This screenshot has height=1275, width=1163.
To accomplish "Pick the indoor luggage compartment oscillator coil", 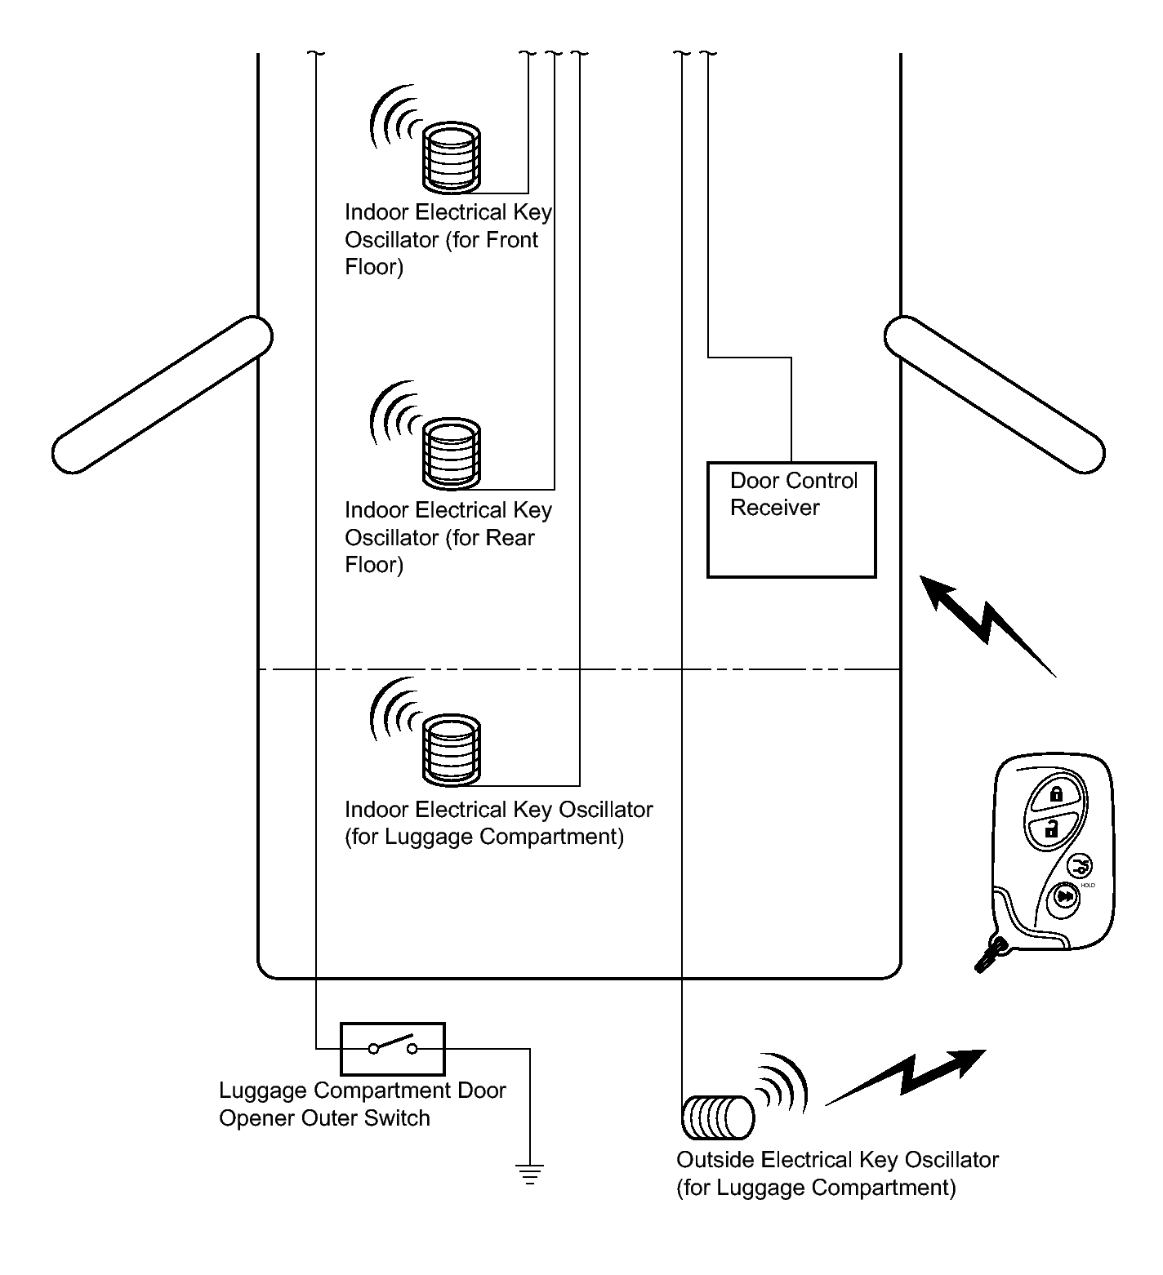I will (x=451, y=748).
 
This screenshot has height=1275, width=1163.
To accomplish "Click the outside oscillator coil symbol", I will (x=716, y=1117).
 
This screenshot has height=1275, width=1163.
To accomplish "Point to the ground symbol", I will (x=529, y=1174).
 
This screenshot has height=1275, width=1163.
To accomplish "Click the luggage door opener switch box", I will (x=392, y=1048).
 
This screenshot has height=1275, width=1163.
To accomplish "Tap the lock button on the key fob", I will (x=1054, y=794).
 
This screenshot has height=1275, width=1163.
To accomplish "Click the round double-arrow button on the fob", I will (x=1064, y=898).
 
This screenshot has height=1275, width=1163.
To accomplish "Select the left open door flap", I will (x=162, y=394).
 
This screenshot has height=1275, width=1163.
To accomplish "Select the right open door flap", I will (x=995, y=394).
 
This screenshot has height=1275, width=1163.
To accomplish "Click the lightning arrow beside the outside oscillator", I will (x=907, y=1077).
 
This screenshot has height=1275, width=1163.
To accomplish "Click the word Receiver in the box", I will (x=774, y=508).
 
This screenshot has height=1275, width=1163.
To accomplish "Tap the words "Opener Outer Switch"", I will (x=324, y=1117).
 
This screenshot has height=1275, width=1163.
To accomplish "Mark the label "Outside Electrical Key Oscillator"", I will (x=837, y=1160).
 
